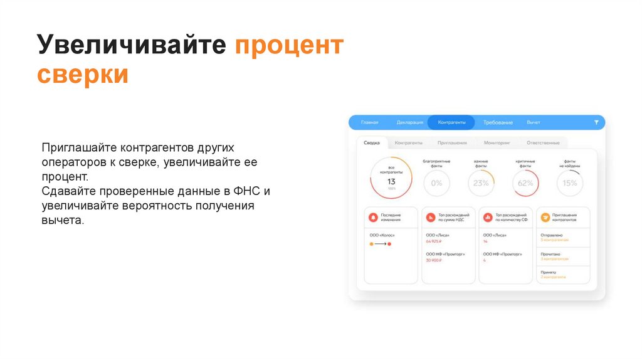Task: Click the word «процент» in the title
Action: [x=290, y=46]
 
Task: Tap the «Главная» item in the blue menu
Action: [x=369, y=122]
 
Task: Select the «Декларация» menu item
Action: [x=410, y=122]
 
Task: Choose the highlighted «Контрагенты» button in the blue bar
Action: [x=451, y=122]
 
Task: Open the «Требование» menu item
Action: [x=498, y=122]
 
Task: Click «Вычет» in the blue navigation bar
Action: [x=534, y=122]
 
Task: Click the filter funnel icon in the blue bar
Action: [x=596, y=122]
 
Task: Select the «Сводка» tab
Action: [x=372, y=142]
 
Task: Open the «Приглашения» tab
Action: [x=452, y=142]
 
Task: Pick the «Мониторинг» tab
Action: [x=497, y=142]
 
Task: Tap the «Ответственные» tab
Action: [x=543, y=142]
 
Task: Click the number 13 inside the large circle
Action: [x=391, y=181]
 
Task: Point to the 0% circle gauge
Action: [x=436, y=183]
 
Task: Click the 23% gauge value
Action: [x=481, y=183]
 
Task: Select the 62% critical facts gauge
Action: [x=525, y=183]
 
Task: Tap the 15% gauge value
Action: [x=570, y=183]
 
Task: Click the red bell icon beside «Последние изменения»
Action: [x=374, y=217]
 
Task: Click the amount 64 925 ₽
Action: [x=434, y=241]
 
